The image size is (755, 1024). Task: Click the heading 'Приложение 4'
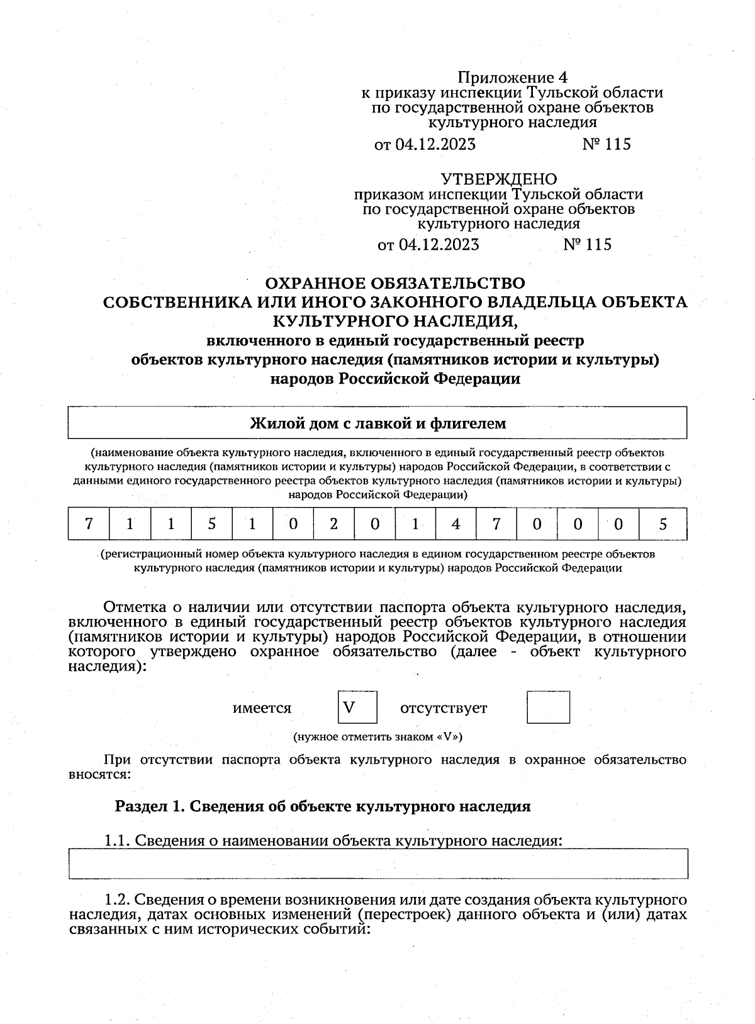pos(512,77)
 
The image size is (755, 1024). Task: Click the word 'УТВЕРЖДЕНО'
pos(498,179)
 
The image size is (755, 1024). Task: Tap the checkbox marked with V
pos(357,707)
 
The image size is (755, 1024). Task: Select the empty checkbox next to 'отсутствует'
pos(548,707)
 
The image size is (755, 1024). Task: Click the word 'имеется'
pos(262,708)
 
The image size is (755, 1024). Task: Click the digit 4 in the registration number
pos(456,524)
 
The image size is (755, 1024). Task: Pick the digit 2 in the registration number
pos(333,524)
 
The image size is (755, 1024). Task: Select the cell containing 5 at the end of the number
pos(663,524)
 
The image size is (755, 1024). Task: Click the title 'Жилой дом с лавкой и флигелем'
pos(377,423)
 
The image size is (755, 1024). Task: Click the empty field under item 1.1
pos(377,864)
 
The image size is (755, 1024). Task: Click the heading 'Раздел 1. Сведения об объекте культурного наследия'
pos(323,806)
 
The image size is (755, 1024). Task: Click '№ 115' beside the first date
pos(606,144)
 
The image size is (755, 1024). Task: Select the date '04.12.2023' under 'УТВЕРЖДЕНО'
pos(439,244)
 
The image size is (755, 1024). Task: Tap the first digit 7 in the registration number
pos(89,524)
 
